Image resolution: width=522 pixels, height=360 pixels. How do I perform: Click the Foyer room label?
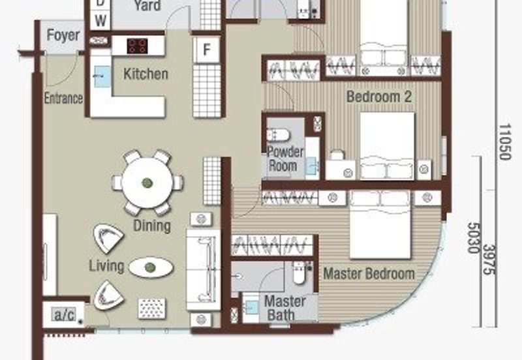pos(63,36)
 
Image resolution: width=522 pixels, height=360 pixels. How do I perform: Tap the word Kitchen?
pos(146,74)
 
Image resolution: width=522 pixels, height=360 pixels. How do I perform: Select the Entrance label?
pos(63,98)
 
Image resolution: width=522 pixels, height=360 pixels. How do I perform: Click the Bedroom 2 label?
pos(379,97)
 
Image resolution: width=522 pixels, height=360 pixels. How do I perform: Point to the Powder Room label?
pos(285,158)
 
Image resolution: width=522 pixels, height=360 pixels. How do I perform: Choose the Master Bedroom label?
pos(369,273)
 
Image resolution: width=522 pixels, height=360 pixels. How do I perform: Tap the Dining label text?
pos(151,226)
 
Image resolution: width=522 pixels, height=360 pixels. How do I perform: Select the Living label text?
pos(106,265)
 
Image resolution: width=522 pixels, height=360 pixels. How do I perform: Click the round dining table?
pos(147,183)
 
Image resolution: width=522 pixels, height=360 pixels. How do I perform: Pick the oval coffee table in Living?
pos(151,267)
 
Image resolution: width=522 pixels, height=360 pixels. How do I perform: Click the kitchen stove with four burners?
pos(138,46)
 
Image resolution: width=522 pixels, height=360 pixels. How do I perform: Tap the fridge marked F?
pos(206,50)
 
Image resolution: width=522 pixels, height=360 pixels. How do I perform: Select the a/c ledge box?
pos(64,316)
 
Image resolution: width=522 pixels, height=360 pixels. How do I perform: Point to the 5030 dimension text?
pos(474,236)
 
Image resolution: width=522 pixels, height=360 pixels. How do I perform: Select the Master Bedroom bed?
pos(380,225)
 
